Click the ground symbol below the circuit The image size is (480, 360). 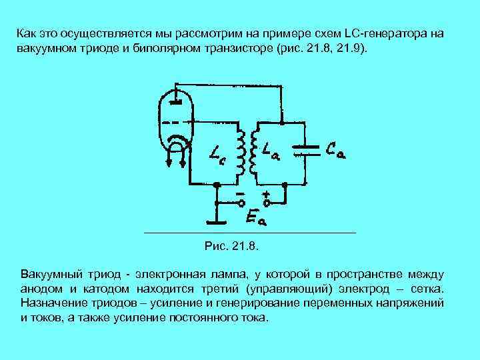[x=216, y=221]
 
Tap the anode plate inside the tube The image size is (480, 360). [x=175, y=102]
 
